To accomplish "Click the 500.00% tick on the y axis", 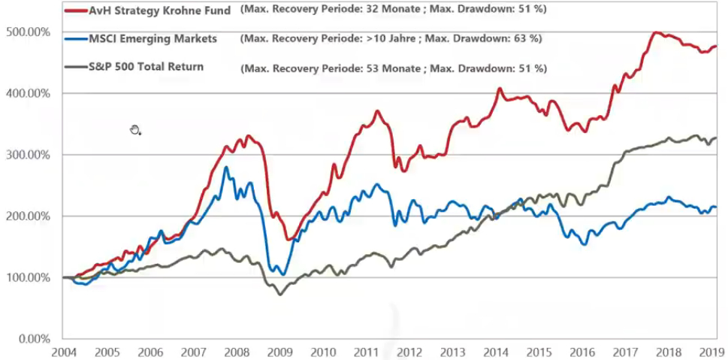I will [x=29, y=32].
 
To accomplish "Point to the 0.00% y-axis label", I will [x=34, y=338].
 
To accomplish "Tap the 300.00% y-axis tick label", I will [x=29, y=155].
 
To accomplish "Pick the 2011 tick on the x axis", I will [x=366, y=352].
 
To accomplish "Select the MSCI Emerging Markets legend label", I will [x=150, y=38].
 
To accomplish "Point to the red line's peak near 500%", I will [x=657, y=33].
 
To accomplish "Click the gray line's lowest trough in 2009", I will [x=280, y=293].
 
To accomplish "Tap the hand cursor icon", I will [x=135, y=130].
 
